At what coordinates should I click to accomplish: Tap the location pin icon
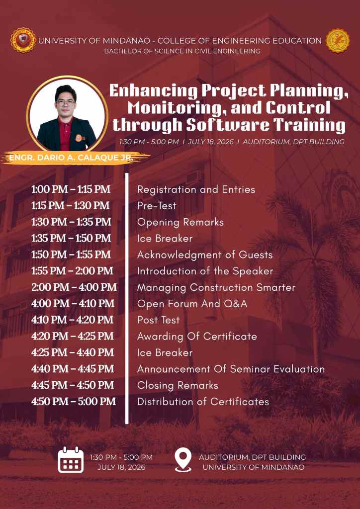(183, 460)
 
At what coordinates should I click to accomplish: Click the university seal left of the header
(23, 40)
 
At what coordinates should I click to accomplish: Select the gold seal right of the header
(338, 41)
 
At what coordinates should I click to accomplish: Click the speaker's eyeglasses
(66, 102)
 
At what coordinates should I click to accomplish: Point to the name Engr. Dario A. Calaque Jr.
(71, 158)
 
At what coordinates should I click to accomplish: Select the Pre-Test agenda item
(157, 206)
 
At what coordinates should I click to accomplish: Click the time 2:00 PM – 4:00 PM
(74, 287)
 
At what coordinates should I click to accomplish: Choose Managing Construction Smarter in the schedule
(216, 288)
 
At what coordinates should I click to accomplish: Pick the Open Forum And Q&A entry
(192, 304)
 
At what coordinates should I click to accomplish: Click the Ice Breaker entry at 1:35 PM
(165, 239)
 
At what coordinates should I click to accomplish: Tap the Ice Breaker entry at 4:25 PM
(165, 352)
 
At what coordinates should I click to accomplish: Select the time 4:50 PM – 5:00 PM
(74, 402)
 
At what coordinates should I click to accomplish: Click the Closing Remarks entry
(178, 385)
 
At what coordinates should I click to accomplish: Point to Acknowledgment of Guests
(205, 255)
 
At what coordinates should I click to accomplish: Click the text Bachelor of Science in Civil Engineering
(182, 51)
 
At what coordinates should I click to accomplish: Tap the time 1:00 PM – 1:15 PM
(71, 189)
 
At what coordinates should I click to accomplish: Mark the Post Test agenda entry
(159, 320)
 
